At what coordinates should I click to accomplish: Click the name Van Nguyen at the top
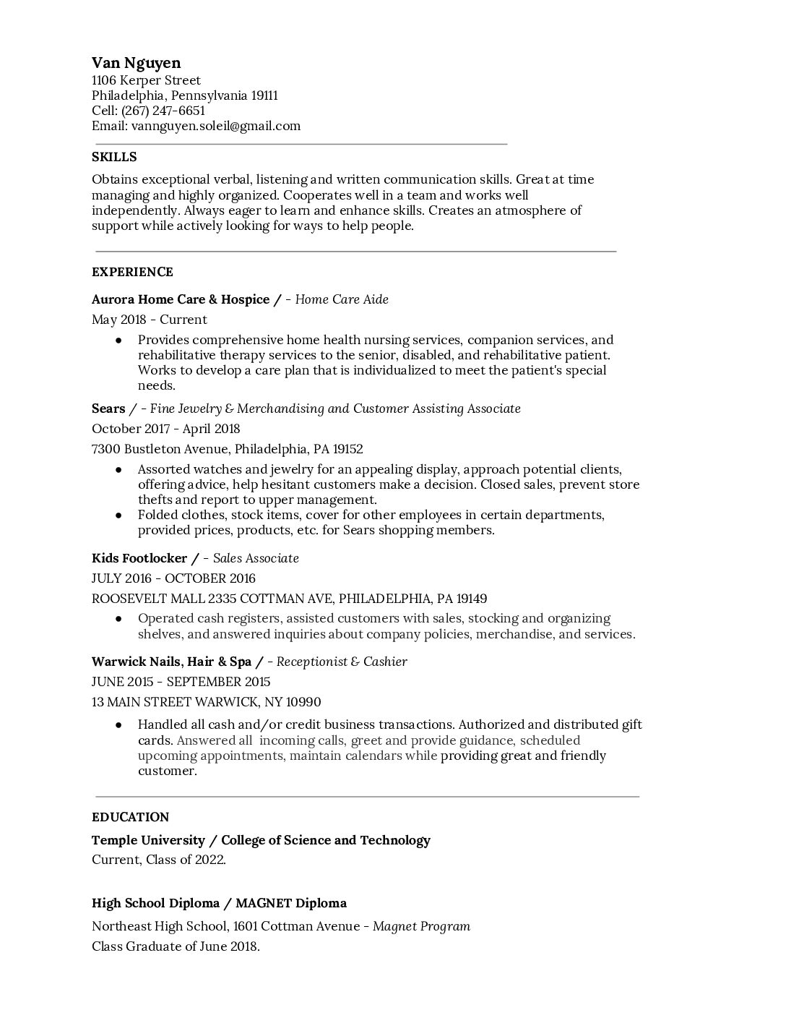point(136,63)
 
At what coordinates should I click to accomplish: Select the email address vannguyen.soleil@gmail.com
point(215,126)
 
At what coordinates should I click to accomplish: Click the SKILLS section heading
point(114,157)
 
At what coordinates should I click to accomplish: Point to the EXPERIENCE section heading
point(132,272)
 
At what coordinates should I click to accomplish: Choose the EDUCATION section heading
point(130,817)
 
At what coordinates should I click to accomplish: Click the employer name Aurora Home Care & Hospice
point(181,299)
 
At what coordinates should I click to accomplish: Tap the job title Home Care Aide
point(342,299)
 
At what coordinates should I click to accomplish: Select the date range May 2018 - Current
point(150,320)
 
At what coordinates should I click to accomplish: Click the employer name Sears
point(108,409)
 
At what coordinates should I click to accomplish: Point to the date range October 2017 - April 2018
point(165,429)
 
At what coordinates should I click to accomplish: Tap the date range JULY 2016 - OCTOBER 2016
point(173,578)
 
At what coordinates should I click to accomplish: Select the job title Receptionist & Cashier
point(342,662)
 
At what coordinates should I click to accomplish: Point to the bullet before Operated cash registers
point(118,619)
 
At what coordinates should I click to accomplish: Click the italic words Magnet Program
point(421,926)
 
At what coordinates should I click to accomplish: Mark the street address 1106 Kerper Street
point(146,80)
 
